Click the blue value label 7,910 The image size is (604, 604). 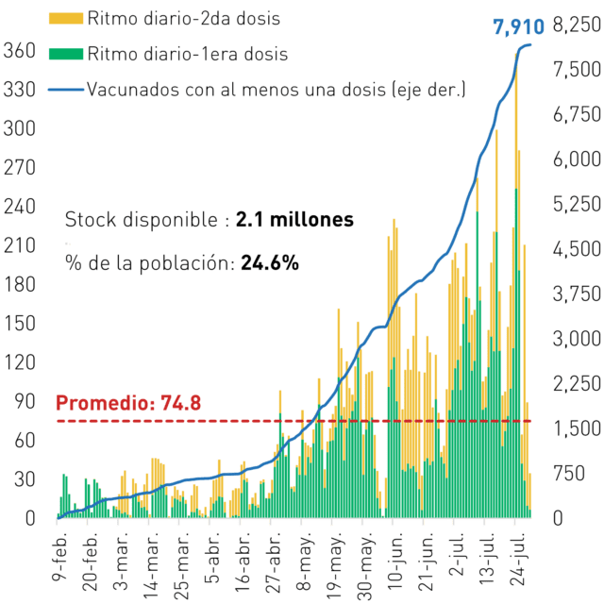(x=518, y=27)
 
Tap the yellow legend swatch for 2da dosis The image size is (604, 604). (x=66, y=19)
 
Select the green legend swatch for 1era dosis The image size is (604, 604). (x=66, y=54)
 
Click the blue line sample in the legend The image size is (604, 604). (x=66, y=90)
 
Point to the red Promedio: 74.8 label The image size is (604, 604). (x=128, y=403)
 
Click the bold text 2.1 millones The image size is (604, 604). (x=294, y=220)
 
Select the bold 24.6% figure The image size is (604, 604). (x=270, y=263)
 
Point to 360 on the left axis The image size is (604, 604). (x=19, y=50)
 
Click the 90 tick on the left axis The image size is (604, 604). (x=25, y=401)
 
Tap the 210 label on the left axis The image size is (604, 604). (x=19, y=245)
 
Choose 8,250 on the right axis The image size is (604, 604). (x=577, y=25)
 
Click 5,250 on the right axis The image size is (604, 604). (x=577, y=204)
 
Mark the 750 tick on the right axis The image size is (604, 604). (x=569, y=473)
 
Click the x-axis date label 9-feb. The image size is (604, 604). (x=59, y=557)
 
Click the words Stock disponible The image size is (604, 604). (x=142, y=220)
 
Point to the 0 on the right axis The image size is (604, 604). (x=558, y=518)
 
